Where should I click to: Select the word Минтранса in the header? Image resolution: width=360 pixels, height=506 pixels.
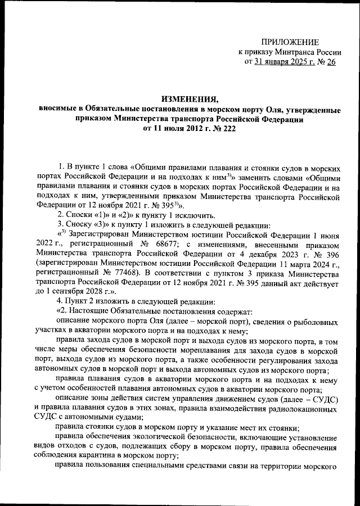[x=295, y=52]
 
